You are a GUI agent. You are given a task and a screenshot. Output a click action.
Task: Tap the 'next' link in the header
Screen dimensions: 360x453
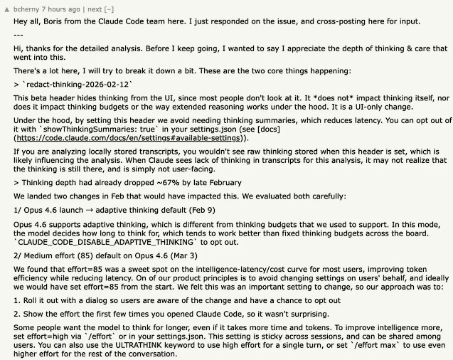97,9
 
